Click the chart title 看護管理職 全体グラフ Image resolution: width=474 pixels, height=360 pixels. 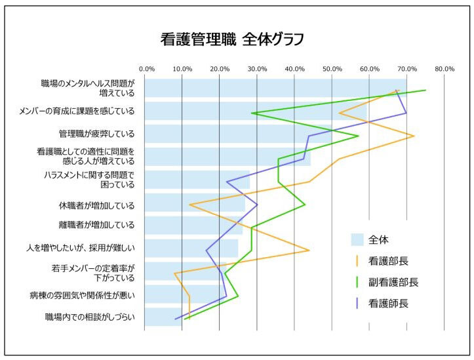pyautogui.click(x=232, y=39)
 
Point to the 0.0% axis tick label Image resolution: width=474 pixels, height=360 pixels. pyautogui.click(x=146, y=68)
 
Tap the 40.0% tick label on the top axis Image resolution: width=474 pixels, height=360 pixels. pyautogui.click(x=295, y=68)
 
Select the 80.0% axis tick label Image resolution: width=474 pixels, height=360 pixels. pyautogui.click(x=444, y=68)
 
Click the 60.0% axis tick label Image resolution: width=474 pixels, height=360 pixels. pyautogui.click(x=370, y=68)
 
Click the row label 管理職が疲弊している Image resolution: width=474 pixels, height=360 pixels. pyautogui.click(x=96, y=134)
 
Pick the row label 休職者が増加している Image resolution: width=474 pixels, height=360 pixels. pyautogui.click(x=96, y=205)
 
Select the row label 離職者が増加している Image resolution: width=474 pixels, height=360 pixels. pyautogui.click(x=96, y=225)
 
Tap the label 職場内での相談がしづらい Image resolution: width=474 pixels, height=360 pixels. pyautogui.click(x=90, y=317)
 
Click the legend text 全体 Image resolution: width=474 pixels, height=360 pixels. pyautogui.click(x=379, y=239)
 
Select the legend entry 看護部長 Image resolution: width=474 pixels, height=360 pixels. pyautogui.click(x=388, y=260)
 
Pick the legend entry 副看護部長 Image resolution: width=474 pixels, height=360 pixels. pyautogui.click(x=393, y=282)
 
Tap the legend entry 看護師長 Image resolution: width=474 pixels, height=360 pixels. pyautogui.click(x=388, y=304)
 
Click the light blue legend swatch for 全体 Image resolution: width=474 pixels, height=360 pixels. pyautogui.click(x=357, y=239)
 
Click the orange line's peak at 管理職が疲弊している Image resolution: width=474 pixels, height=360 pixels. pyautogui.click(x=414, y=136)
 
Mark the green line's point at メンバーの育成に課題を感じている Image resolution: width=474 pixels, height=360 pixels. pyautogui.click(x=252, y=113)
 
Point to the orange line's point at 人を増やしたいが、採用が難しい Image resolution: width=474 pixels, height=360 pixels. pyautogui.click(x=309, y=250)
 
